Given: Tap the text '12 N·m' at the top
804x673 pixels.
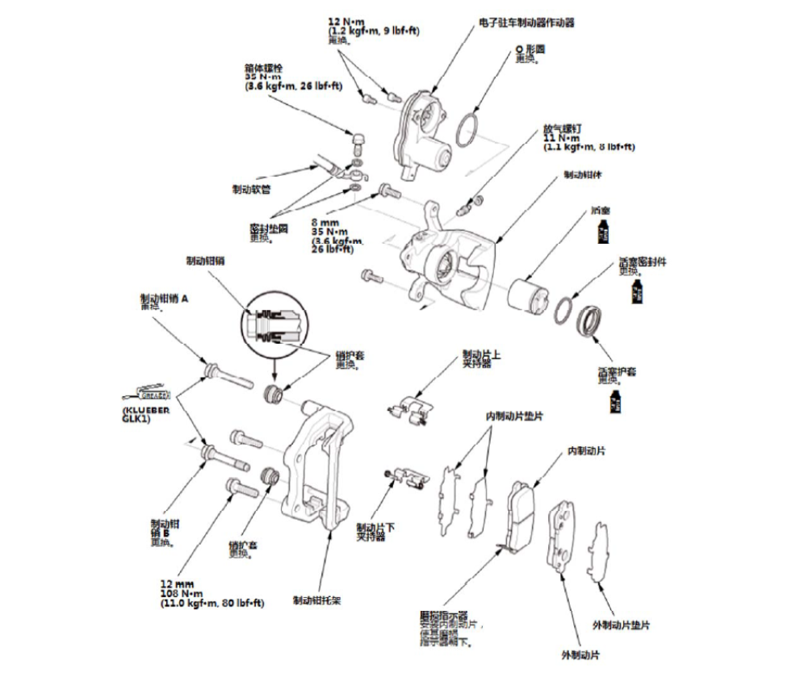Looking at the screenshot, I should (345, 19).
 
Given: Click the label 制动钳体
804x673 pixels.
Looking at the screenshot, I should (579, 173).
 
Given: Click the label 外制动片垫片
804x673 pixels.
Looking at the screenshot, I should (622, 625).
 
